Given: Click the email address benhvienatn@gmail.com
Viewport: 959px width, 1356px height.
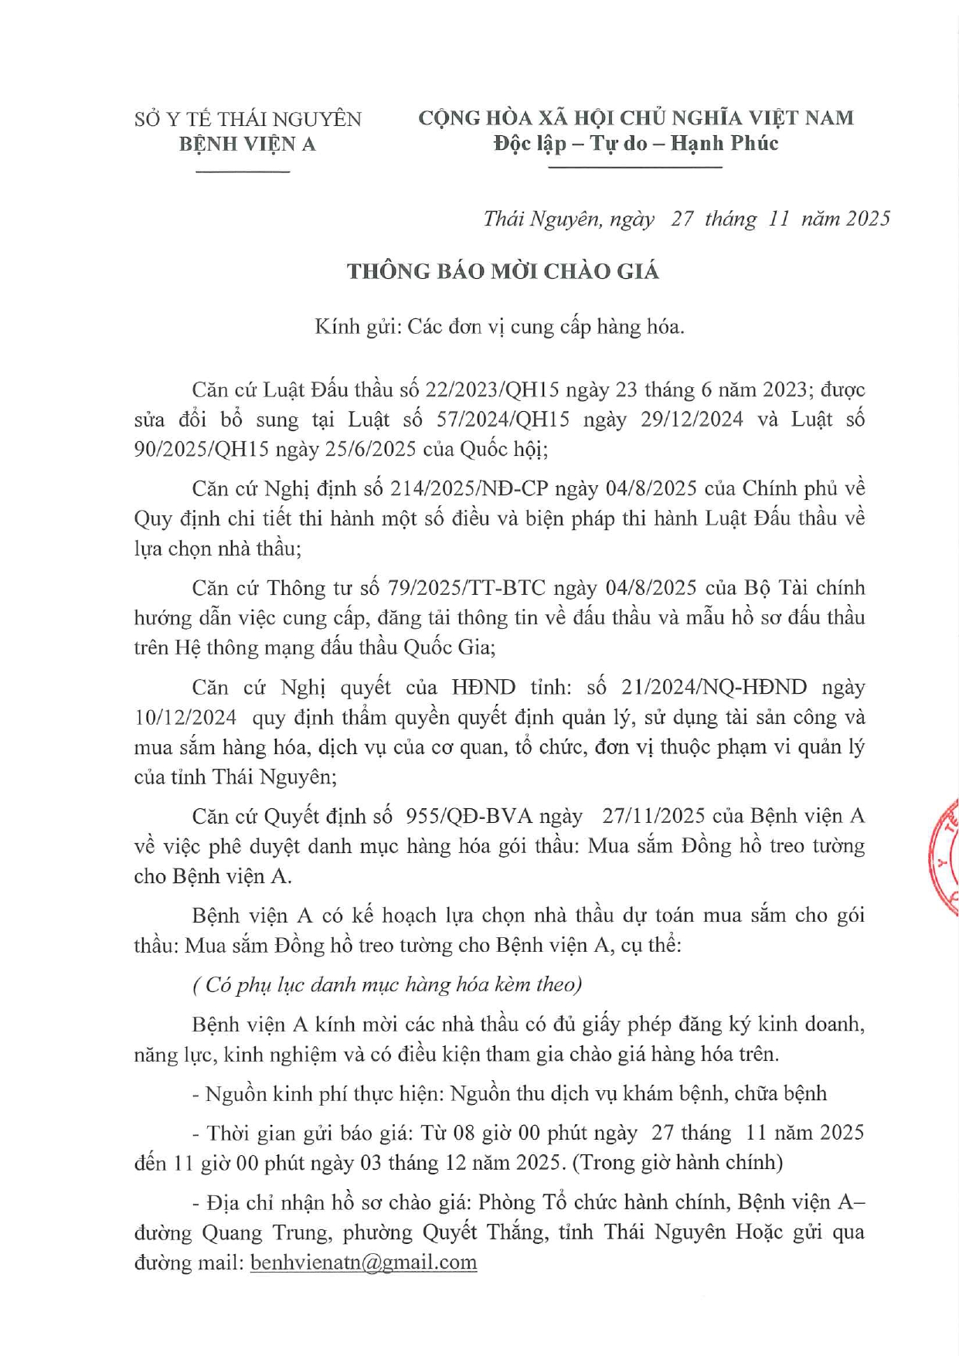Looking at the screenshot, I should (363, 1263).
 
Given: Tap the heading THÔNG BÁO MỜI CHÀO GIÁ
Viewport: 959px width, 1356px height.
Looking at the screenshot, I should (503, 271).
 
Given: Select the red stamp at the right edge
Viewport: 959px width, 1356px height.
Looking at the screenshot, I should (945, 858).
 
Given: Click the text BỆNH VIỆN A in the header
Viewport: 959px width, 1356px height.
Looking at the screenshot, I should (247, 144).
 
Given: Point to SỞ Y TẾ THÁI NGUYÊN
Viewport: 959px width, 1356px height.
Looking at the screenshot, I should (247, 119).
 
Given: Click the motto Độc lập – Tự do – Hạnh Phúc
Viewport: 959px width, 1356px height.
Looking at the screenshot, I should (636, 143).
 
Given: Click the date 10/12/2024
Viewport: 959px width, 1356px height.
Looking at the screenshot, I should (185, 717).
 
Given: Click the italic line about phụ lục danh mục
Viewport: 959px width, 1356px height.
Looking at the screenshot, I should (386, 984).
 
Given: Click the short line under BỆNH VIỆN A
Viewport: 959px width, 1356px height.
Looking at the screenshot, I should (243, 170).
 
